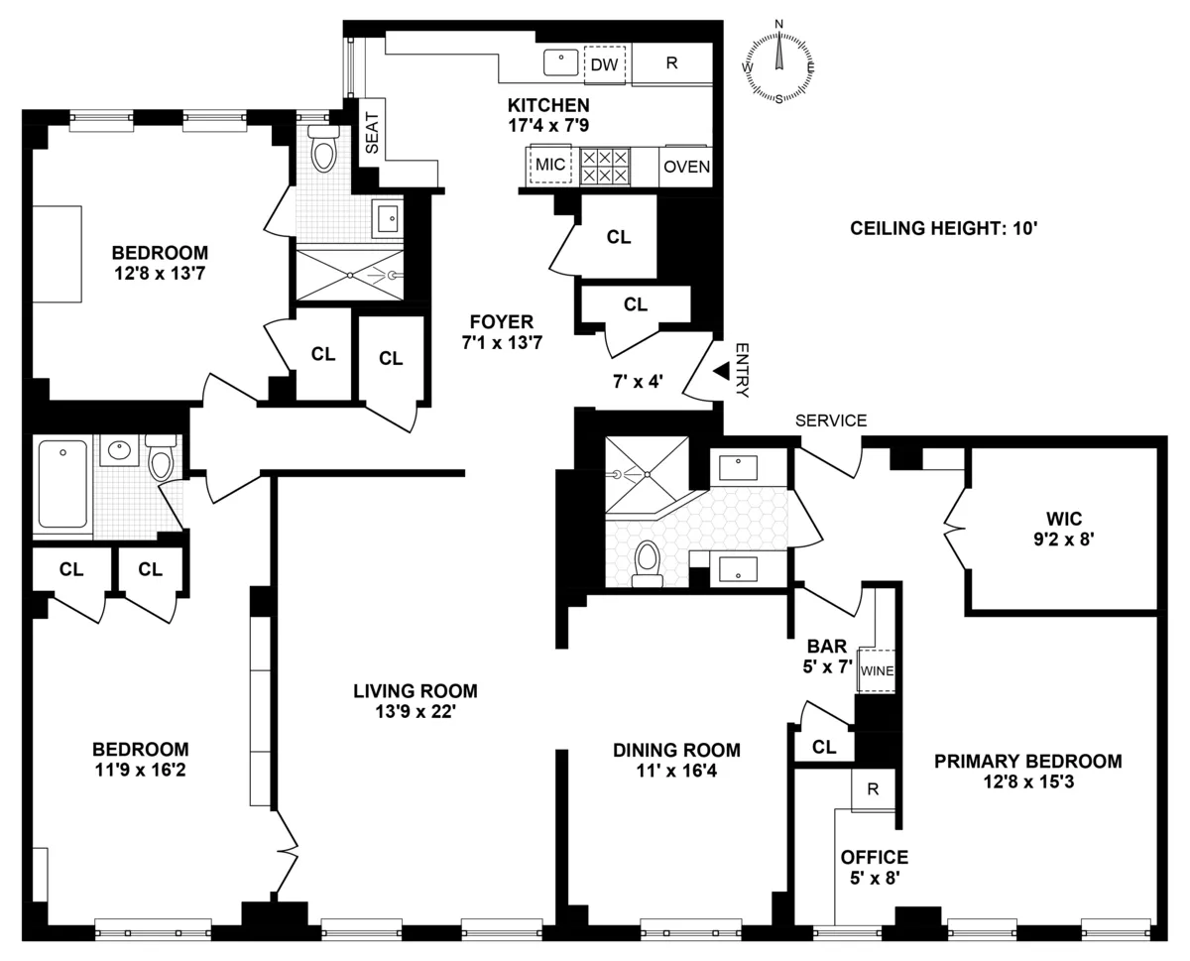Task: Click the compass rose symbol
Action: tap(778, 60)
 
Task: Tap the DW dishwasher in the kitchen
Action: tap(605, 64)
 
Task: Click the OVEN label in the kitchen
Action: tap(686, 167)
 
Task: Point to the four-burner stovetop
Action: tap(604, 166)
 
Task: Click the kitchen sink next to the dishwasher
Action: tap(561, 62)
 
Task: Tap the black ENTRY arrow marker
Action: tap(722, 370)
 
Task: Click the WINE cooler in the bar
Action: tap(877, 670)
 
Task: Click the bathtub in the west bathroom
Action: tap(63, 487)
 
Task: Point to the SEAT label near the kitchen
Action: tap(373, 131)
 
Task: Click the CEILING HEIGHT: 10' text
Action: tap(943, 229)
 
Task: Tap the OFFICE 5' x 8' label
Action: tap(874, 866)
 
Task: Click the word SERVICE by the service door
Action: tap(831, 420)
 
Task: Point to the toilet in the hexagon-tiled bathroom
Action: tap(648, 562)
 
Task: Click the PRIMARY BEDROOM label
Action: tap(1027, 762)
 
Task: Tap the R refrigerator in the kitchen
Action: tap(671, 63)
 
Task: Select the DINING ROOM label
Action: tap(676, 750)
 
